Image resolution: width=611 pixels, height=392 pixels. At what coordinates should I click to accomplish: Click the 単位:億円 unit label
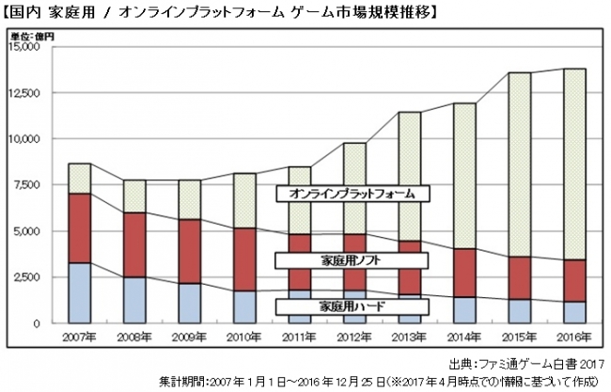coord(32,36)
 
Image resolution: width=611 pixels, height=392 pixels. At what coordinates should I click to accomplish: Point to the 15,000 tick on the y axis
coord(24,46)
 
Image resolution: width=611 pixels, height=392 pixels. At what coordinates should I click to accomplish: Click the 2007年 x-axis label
coord(80,336)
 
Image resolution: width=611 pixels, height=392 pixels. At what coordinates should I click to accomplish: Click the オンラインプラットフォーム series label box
coord(352,195)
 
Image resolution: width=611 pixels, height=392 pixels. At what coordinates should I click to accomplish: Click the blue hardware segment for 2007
coord(80,292)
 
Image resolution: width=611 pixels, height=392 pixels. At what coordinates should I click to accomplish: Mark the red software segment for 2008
coord(135,244)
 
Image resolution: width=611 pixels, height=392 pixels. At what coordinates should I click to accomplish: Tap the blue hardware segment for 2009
coord(190,303)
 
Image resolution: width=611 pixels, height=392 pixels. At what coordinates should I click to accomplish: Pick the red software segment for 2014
coord(463,273)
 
